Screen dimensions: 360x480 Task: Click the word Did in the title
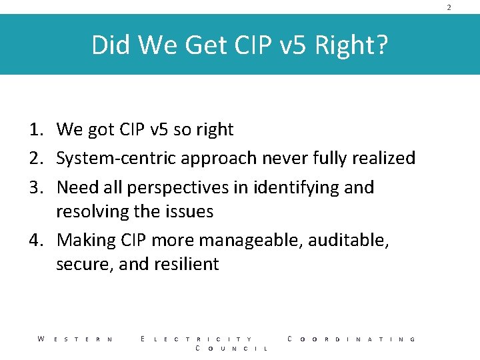point(109,45)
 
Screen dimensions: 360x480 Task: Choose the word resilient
point(187,265)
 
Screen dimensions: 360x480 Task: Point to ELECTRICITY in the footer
point(197,339)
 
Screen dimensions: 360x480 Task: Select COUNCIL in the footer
point(231,349)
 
